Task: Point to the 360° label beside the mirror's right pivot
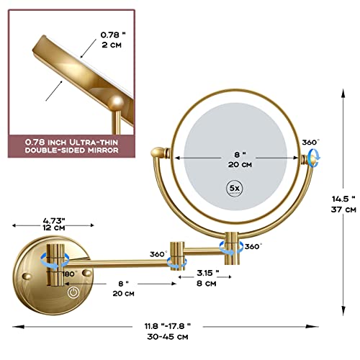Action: [x=310, y=142]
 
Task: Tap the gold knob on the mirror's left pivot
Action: [x=158, y=153]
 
